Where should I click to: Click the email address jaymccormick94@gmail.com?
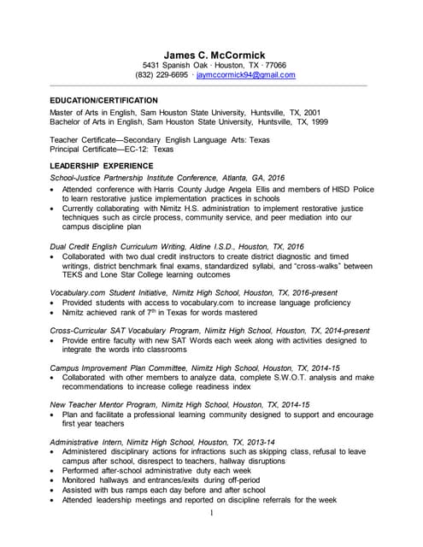pos(245,75)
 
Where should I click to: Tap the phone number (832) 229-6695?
pos(161,75)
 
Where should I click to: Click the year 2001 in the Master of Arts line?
pos(312,112)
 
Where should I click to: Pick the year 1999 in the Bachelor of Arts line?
pos(319,122)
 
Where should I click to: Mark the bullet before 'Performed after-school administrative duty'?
pos(54,471)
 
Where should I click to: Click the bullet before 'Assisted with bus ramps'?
pos(54,491)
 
